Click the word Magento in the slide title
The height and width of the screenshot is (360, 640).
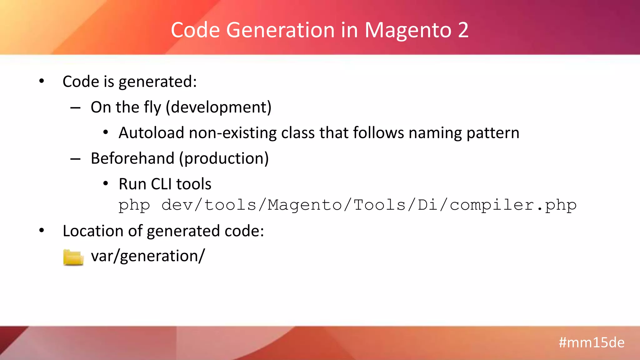click(408, 30)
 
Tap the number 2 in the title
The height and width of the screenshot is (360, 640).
click(463, 30)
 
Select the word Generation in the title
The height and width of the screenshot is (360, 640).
click(280, 30)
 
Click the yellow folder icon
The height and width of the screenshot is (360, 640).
click(73, 257)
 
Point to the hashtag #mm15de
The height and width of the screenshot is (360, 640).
click(592, 342)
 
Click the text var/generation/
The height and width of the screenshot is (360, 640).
click(148, 256)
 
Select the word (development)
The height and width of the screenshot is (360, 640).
click(218, 107)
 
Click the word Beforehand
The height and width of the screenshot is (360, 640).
click(132, 158)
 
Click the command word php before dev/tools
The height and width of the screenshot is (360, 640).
click(134, 206)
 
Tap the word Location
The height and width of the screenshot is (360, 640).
click(93, 231)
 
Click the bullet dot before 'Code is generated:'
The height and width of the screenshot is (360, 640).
click(42, 81)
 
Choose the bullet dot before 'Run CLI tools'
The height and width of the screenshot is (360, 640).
click(106, 184)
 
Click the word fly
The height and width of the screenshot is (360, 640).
click(152, 108)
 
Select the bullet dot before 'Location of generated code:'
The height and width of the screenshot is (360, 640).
click(42, 231)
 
